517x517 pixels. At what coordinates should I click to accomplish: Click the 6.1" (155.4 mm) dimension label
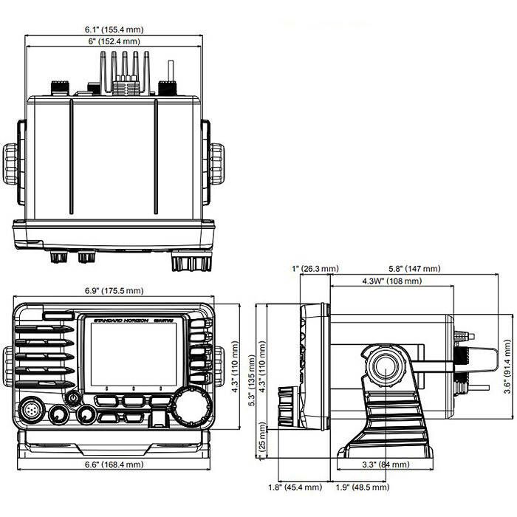[114, 30]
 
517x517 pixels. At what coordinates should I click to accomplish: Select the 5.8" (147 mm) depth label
[415, 269]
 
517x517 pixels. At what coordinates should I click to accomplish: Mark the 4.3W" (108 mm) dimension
[392, 281]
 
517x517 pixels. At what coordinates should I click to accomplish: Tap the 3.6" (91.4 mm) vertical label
[506, 366]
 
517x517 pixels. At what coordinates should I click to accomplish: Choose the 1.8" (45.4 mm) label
[294, 509]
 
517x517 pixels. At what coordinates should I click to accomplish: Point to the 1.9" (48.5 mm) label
[362, 509]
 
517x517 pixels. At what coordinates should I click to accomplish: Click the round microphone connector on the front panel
[34, 410]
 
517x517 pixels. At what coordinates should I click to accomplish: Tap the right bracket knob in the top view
[216, 164]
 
